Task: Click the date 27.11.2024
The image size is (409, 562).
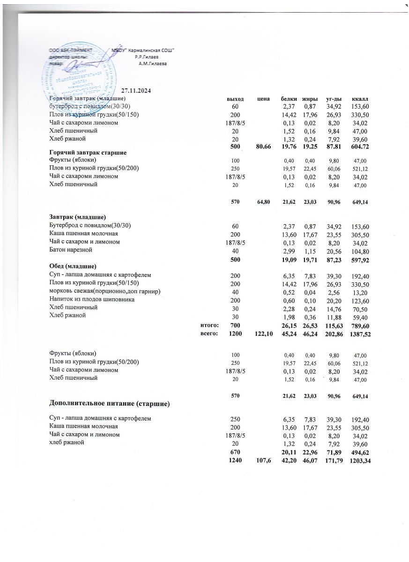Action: pos(136,90)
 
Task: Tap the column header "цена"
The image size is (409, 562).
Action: pos(264,99)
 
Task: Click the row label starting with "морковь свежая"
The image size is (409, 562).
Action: pos(105,291)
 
